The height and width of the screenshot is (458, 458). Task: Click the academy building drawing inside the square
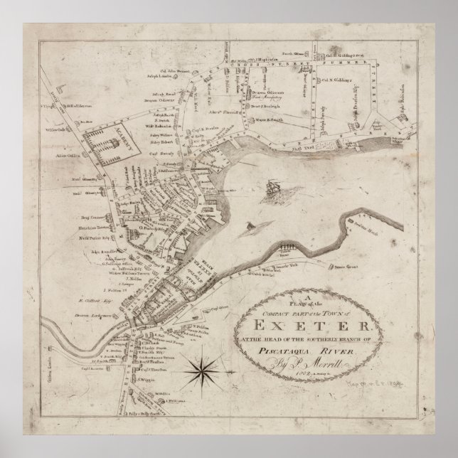click(109, 148)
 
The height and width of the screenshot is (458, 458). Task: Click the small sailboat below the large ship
click(250, 227)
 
